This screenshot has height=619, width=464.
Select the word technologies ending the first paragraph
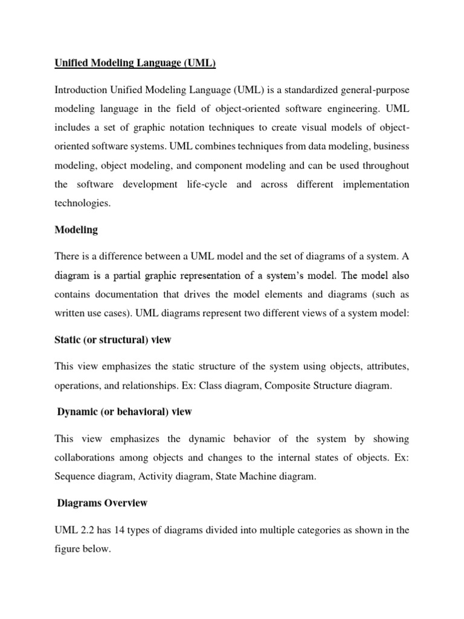(x=82, y=204)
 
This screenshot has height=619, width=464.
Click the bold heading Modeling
(x=76, y=230)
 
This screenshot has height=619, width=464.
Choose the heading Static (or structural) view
(x=113, y=340)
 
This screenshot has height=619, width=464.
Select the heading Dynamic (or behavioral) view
(x=124, y=412)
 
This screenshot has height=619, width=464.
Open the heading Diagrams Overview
(x=101, y=503)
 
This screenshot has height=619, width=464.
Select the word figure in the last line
(x=69, y=549)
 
